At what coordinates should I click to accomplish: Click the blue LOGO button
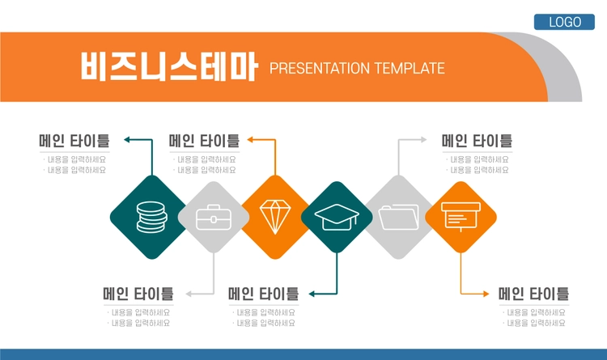[564, 22]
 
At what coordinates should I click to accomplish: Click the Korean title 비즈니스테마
[169, 66]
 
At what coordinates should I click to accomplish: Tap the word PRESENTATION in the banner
[320, 69]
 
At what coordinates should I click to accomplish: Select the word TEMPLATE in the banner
[410, 69]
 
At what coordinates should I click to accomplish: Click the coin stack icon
[152, 217]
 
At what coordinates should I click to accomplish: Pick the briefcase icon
[214, 217]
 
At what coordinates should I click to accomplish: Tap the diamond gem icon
[275, 217]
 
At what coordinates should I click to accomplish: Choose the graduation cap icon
[337, 217]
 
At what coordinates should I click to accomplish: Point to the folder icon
[399, 217]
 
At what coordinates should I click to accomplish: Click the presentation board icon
[461, 217]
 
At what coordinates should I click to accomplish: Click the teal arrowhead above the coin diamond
[126, 140]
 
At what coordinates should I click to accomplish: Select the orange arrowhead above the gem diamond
[250, 140]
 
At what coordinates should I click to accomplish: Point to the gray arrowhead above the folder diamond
[424, 140]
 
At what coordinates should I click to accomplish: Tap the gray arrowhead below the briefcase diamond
[189, 294]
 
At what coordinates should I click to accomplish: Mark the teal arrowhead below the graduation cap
[312, 294]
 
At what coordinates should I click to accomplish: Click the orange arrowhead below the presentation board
[486, 294]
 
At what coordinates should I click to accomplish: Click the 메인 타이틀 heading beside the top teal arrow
[74, 141]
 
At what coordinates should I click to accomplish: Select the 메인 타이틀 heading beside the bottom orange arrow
[533, 294]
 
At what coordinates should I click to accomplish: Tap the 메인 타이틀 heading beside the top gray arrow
[477, 141]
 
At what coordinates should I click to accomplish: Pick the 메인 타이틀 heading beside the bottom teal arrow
[263, 294]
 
